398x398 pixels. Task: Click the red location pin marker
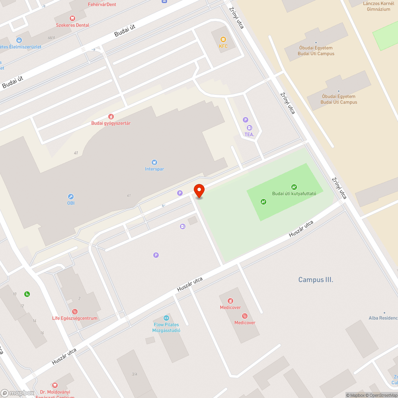(x=199, y=190)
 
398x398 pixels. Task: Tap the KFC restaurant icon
(x=223, y=39)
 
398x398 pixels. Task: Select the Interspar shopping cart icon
(x=154, y=162)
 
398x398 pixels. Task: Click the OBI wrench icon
(x=70, y=197)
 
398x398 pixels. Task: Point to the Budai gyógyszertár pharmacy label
(x=111, y=123)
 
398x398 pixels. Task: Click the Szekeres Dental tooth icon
(x=72, y=18)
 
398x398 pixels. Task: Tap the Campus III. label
(x=316, y=280)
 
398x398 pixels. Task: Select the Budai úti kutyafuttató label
(x=294, y=193)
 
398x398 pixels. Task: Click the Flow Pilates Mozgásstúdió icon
(x=166, y=318)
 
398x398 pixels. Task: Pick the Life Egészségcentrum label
(x=75, y=318)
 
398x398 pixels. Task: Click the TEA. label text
(x=249, y=135)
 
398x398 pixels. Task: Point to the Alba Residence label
(x=383, y=318)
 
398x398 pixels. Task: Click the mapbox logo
(x=18, y=393)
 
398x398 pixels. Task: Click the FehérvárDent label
(x=102, y=4)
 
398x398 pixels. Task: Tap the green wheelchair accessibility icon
(x=27, y=294)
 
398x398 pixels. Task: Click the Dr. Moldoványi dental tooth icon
(x=55, y=385)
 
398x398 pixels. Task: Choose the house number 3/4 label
(x=135, y=374)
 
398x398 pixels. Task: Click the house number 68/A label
(x=51, y=38)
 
